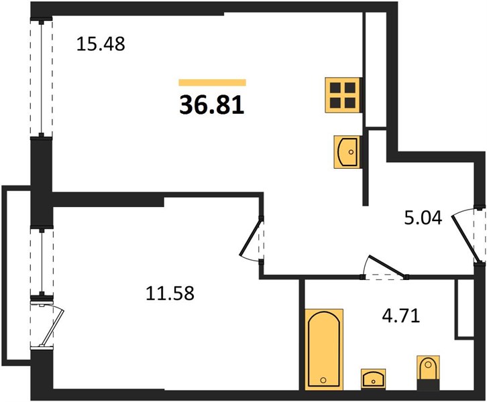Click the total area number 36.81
tap(212, 105)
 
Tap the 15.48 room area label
tap(101, 44)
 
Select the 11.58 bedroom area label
tap(170, 293)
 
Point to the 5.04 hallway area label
tap(423, 218)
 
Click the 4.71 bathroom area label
tap(401, 316)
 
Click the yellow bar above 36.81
tap(212, 82)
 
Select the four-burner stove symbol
tap(343, 95)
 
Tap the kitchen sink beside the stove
tap(347, 152)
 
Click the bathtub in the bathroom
tap(324, 349)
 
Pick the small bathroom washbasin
tap(374, 379)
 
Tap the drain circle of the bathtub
tap(323, 380)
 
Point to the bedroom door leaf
tap(251, 238)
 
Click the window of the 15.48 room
tap(41, 78)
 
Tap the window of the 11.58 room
tap(42, 261)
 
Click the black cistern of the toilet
tap(428, 385)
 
